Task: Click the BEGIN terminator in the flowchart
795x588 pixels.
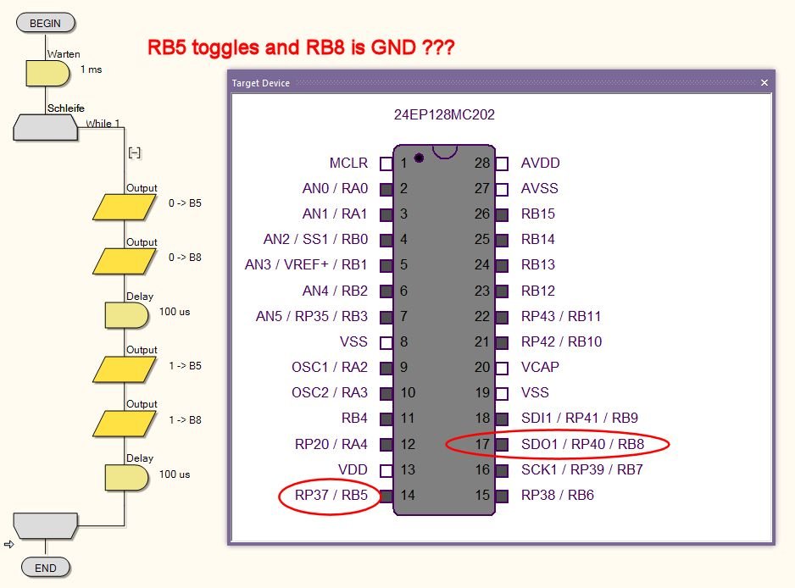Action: click(45, 23)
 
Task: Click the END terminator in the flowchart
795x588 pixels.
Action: click(45, 567)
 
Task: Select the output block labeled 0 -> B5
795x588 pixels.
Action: click(125, 207)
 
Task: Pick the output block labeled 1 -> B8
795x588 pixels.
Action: click(125, 423)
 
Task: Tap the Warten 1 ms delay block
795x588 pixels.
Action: click(47, 73)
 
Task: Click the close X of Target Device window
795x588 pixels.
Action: click(764, 82)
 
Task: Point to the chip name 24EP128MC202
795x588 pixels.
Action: click(444, 114)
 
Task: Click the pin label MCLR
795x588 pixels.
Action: click(348, 163)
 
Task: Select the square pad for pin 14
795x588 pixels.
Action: click(386, 496)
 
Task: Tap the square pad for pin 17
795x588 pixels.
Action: click(502, 444)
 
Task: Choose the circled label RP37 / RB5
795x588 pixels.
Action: click(331, 496)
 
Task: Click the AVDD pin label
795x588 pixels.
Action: click(540, 163)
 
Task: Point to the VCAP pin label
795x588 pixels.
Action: click(540, 367)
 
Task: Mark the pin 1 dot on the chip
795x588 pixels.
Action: click(419, 158)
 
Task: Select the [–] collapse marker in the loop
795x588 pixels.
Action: click(134, 153)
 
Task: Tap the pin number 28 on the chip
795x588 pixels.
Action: click(482, 163)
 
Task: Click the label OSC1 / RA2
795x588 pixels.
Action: click(330, 367)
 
